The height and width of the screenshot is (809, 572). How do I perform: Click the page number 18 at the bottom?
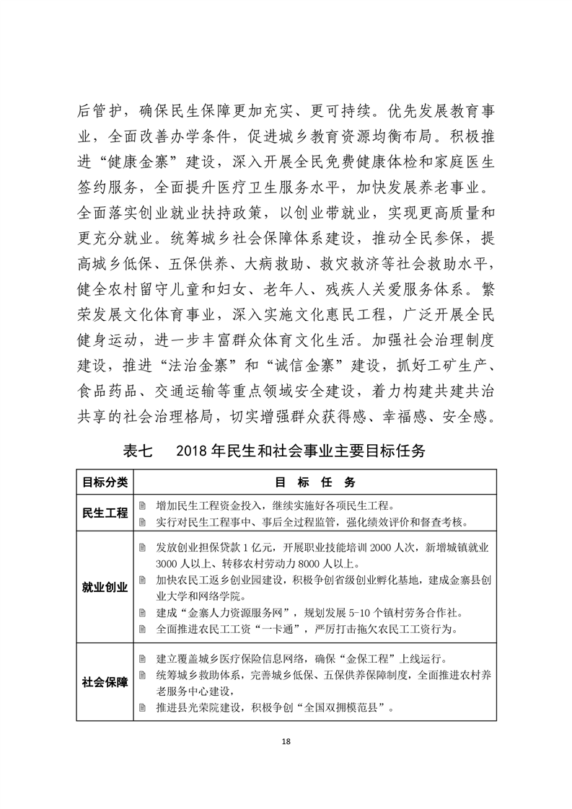[x=286, y=742]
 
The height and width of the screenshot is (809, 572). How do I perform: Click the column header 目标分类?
[x=105, y=482]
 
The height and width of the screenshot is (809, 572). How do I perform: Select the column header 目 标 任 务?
[x=314, y=482]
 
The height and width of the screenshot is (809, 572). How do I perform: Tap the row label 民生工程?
[x=105, y=513]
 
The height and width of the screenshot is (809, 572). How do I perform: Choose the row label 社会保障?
[x=105, y=682]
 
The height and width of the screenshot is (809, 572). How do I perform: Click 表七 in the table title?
[x=138, y=451]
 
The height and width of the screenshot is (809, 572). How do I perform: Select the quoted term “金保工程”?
[x=356, y=658]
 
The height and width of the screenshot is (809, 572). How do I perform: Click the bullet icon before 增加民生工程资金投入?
[x=143, y=505]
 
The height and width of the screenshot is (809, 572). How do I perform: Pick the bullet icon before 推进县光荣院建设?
[x=143, y=707]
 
